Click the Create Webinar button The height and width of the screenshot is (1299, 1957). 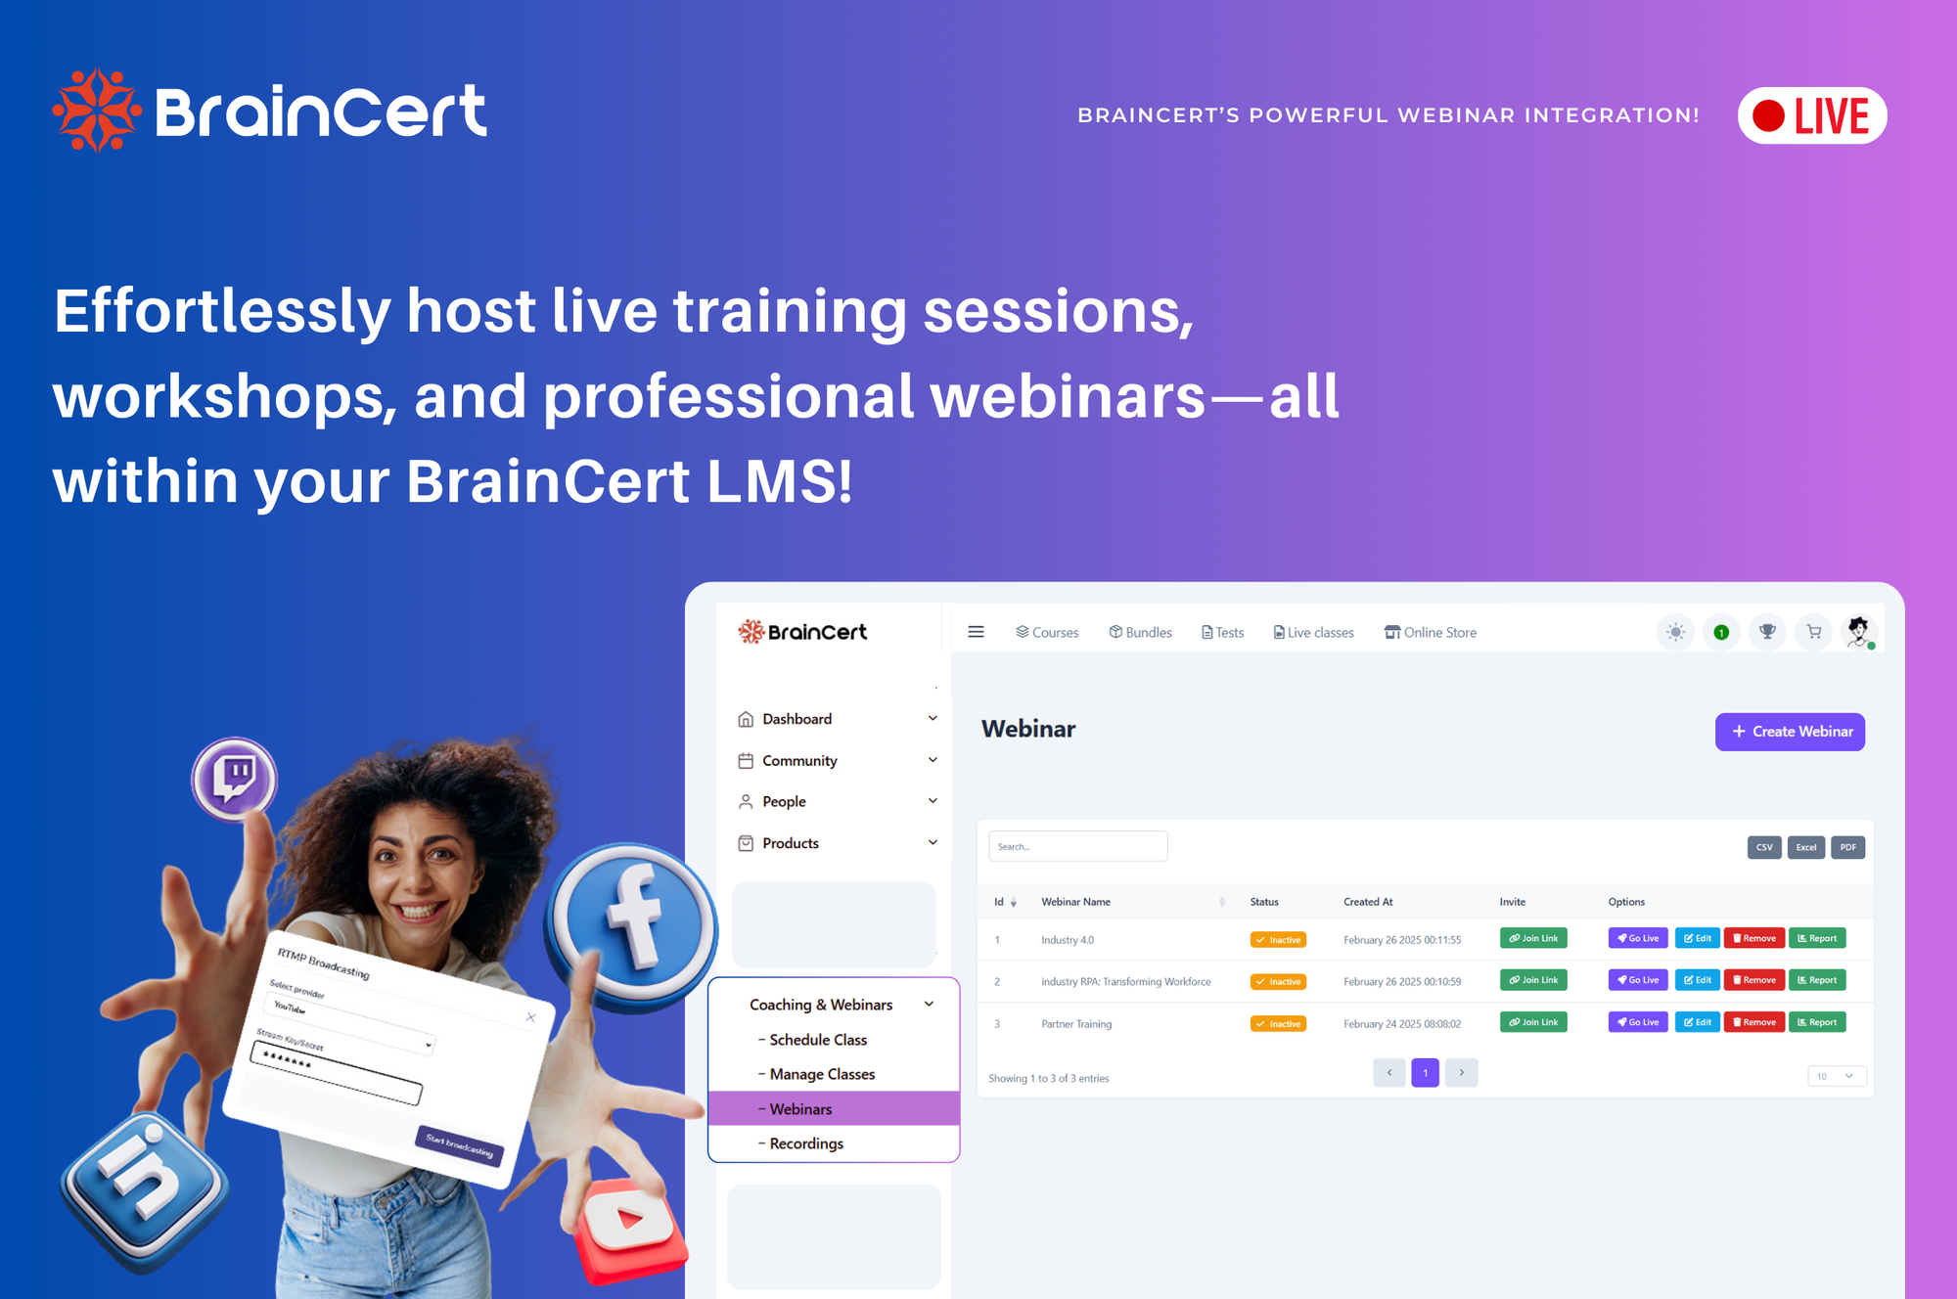(x=1790, y=732)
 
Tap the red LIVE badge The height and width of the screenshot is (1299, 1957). (x=1812, y=115)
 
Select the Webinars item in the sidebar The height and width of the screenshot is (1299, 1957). (x=800, y=1108)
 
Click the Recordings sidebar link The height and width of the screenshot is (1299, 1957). (x=806, y=1143)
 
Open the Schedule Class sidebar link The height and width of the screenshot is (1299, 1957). (x=818, y=1040)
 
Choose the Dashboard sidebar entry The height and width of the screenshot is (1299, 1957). (x=797, y=719)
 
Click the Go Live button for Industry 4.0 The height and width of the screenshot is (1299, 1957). (x=1638, y=938)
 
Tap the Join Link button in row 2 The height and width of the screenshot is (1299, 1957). (x=1533, y=980)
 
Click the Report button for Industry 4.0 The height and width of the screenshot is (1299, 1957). (x=1817, y=938)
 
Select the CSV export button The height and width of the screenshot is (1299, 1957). (x=1764, y=847)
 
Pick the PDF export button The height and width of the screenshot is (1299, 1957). (x=1847, y=847)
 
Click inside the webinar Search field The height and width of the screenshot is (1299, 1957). (x=1078, y=846)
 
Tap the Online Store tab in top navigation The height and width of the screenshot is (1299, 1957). (x=1431, y=633)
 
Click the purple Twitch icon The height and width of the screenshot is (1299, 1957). (x=235, y=780)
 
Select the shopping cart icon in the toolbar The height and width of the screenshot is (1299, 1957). (x=1813, y=632)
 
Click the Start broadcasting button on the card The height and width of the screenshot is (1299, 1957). (x=460, y=1145)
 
